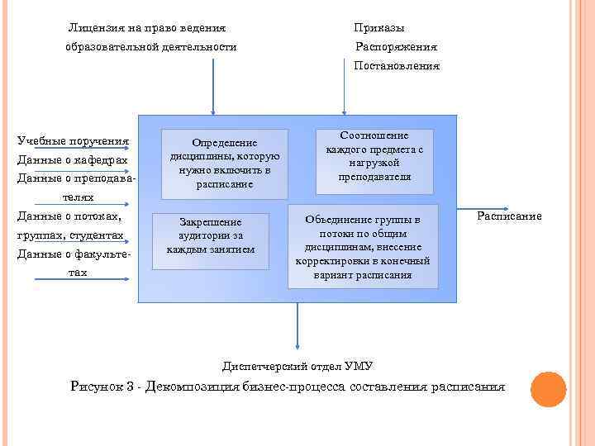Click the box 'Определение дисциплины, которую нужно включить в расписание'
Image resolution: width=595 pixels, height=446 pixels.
[225, 163]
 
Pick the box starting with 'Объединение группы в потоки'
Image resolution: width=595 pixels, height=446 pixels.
[363, 247]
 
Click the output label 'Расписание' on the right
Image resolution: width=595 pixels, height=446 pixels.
[509, 216]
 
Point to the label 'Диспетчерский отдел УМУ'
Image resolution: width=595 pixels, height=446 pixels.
[297, 365]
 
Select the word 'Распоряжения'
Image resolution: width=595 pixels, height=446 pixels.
[396, 47]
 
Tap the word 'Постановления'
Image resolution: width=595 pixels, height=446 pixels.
[397, 65]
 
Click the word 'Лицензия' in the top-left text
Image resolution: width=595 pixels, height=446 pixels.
[94, 29]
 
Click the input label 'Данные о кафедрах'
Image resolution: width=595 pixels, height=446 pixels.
[73, 159]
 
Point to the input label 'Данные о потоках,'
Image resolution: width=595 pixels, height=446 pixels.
[69, 216]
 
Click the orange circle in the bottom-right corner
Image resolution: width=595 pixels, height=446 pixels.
[547, 389]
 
